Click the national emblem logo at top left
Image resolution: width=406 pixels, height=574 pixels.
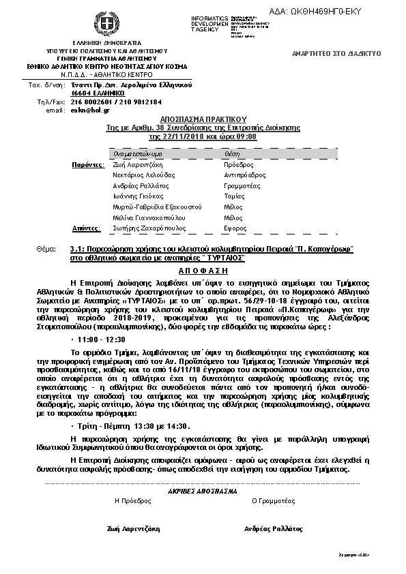(105, 26)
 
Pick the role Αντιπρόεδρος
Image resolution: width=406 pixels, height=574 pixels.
(244, 175)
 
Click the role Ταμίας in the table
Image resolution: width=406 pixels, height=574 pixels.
(233, 196)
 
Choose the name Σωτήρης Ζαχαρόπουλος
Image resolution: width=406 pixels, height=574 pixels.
(149, 228)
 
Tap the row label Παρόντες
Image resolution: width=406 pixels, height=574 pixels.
(88, 164)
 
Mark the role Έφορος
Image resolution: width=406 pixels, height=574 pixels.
(235, 228)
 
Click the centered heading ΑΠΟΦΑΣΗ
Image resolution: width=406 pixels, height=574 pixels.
(203, 269)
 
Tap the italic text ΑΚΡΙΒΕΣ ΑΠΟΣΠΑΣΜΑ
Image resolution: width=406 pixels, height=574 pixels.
(203, 491)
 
